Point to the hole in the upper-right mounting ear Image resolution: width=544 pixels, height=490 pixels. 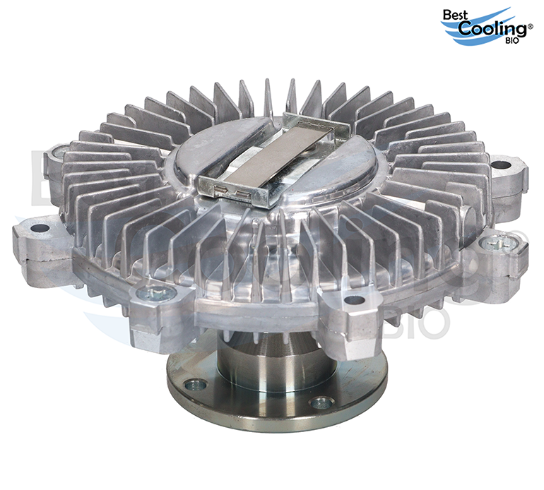[x=501, y=165]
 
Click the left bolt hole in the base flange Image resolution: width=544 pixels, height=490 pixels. [x=195, y=385]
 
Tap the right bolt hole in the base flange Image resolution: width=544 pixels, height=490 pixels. [x=322, y=402]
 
